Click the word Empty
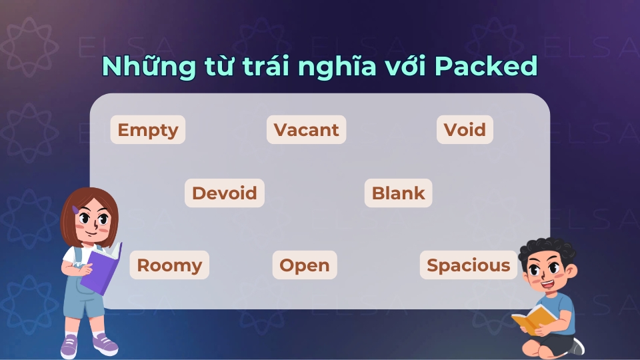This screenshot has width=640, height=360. point(147,129)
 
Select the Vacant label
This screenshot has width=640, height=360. point(306,129)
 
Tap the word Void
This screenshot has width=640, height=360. point(465,129)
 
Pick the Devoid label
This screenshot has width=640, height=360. point(224,193)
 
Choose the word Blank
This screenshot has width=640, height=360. point(398,193)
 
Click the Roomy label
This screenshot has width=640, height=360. point(169,265)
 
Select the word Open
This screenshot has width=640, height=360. point(304,265)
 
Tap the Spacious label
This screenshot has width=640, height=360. point(468,265)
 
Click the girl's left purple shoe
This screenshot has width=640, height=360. point(70,347)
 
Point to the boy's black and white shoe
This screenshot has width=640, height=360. point(577,346)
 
